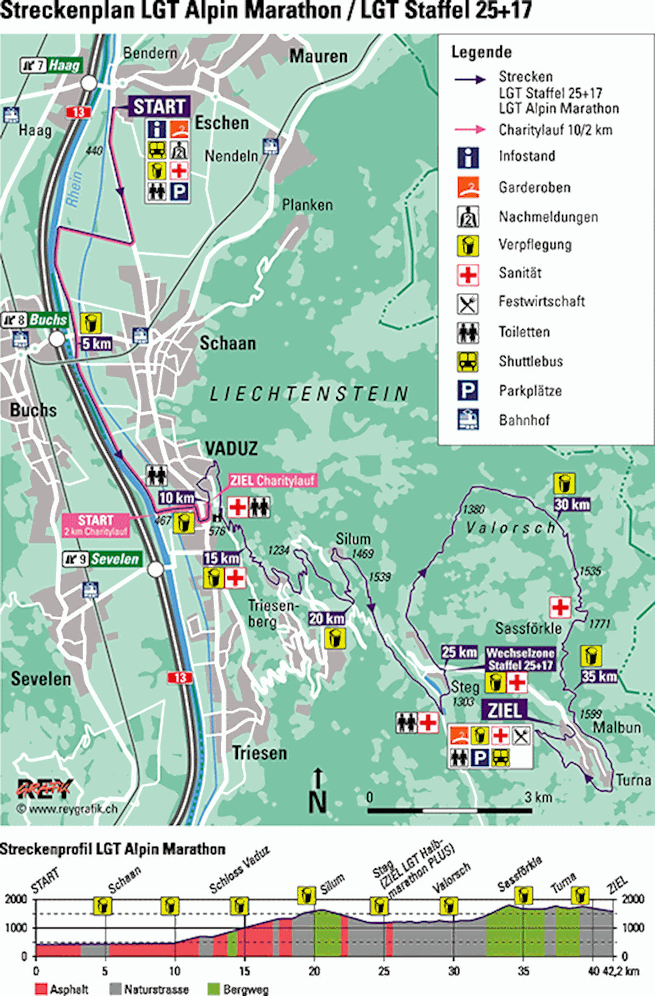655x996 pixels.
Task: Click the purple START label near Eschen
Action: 160,106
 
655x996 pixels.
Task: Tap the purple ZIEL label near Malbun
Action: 504,710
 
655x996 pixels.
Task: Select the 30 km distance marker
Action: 572,504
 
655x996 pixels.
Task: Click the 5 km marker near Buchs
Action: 97,344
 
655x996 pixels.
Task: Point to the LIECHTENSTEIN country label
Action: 309,394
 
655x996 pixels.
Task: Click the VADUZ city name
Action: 231,449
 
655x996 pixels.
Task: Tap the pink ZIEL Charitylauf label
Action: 272,480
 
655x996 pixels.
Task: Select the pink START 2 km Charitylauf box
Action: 95,525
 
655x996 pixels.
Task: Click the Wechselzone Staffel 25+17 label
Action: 520,659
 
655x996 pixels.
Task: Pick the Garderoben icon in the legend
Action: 468,187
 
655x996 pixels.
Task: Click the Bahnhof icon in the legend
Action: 468,420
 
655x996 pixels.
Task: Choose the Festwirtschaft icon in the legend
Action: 468,303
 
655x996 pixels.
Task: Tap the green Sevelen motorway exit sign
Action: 114,559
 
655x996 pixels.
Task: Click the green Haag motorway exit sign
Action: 64,66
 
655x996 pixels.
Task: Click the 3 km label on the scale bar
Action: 538,797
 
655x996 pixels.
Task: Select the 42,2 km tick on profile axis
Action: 627,971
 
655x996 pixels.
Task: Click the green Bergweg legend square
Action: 214,989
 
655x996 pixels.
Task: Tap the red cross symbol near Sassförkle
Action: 560,607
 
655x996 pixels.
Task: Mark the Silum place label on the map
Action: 353,539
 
